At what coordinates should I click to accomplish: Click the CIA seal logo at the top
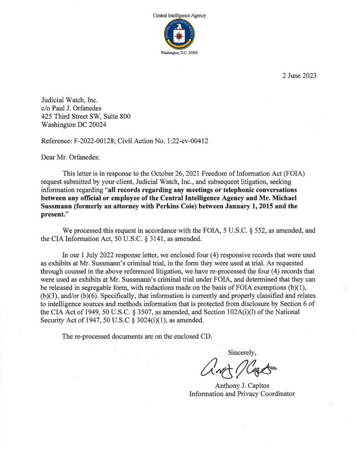click(x=180, y=35)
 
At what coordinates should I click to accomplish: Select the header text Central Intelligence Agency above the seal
click(x=180, y=15)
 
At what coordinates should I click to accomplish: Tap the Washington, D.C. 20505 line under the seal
click(x=180, y=53)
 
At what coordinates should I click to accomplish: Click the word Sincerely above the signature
click(x=242, y=352)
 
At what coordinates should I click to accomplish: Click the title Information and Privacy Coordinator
click(x=242, y=394)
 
